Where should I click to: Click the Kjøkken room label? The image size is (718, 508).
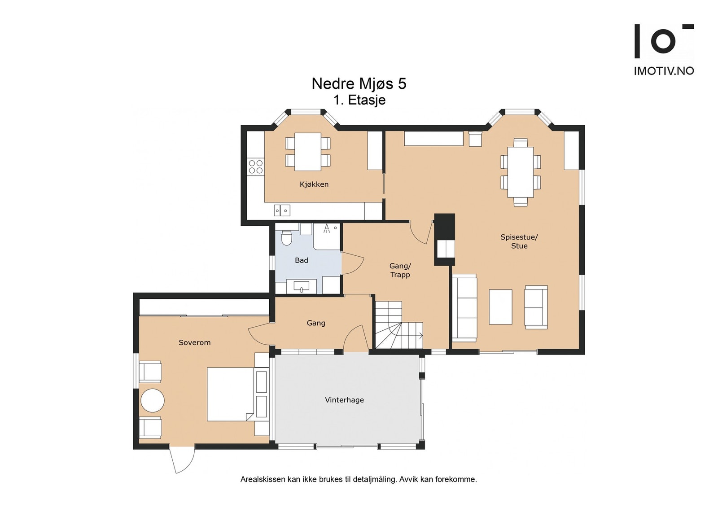[x=314, y=184]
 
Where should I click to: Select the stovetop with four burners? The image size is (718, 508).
[x=255, y=167]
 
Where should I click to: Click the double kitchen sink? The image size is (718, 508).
[x=282, y=210]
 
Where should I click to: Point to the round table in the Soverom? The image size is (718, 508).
[x=153, y=401]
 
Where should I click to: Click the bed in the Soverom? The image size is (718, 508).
[x=230, y=394]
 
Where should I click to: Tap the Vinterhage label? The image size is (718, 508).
[x=344, y=400]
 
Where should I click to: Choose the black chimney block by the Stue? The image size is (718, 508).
[x=445, y=240]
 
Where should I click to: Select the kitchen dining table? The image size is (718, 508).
[x=308, y=152]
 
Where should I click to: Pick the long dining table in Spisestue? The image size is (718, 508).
[x=521, y=172]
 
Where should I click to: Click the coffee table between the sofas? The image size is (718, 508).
[x=500, y=307]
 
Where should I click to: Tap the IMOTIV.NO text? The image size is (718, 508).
[x=664, y=71]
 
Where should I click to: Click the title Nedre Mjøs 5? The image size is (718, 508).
[x=359, y=83]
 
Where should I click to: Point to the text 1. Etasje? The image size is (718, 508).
[x=359, y=100]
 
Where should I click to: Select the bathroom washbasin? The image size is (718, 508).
[x=301, y=285]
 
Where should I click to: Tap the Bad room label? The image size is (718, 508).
[x=301, y=260]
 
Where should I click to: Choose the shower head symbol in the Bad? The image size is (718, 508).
[x=327, y=228]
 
